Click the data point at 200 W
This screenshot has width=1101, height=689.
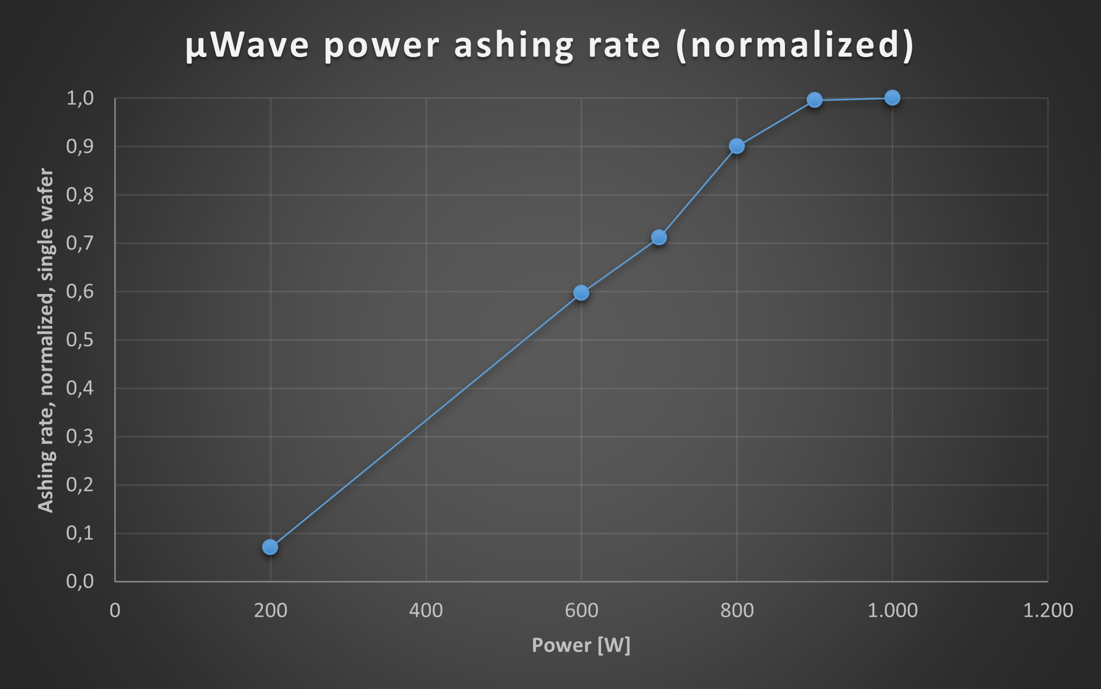pos(270,547)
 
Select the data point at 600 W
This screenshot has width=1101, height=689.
pos(581,293)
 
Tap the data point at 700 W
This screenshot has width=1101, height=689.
pos(659,237)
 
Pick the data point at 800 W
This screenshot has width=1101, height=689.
pos(737,146)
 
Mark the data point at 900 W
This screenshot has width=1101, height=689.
pos(814,100)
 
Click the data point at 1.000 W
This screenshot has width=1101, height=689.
pos(892,98)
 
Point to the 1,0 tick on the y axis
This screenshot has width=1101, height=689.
pos(80,98)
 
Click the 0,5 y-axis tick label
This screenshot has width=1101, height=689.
pos(80,340)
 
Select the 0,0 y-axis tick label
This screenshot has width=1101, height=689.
pos(80,581)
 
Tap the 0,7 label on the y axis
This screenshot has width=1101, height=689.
pos(80,243)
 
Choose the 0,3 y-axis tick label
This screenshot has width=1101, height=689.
pos(80,437)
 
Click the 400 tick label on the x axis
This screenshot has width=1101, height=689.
pos(426,611)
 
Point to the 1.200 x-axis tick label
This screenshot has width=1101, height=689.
pos(1048,611)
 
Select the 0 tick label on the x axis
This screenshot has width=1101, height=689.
pos(115,611)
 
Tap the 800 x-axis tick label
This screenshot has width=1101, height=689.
pos(737,611)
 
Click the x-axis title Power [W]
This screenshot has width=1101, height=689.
pos(581,646)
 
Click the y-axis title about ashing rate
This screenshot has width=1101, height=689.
pos(46,340)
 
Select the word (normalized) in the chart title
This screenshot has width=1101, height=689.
pos(795,45)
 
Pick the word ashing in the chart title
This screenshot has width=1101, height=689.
pos(514,46)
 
